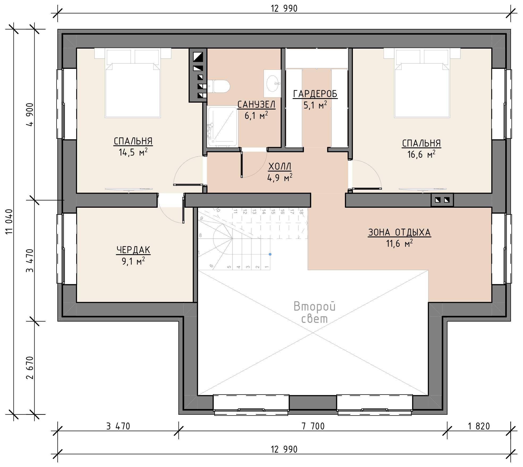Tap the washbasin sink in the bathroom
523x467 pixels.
pos(272,83)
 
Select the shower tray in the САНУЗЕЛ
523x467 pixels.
pos(222,127)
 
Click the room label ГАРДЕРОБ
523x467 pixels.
pos(315,94)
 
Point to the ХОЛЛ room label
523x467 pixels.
pos(280,166)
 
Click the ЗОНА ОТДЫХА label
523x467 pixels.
pos(399,232)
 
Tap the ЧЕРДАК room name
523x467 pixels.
pos(133,250)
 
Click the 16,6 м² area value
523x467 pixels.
pos(421,154)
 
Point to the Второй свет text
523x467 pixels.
pos(314,312)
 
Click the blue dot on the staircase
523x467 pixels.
pos(270,254)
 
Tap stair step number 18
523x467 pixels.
pos(301,212)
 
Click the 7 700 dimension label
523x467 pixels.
pos(313,426)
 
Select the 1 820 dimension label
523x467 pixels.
pos(479,426)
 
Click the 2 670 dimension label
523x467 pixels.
pos(30,368)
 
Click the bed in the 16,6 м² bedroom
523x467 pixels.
pos(422,83)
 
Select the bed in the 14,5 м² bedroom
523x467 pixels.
pos(133,83)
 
